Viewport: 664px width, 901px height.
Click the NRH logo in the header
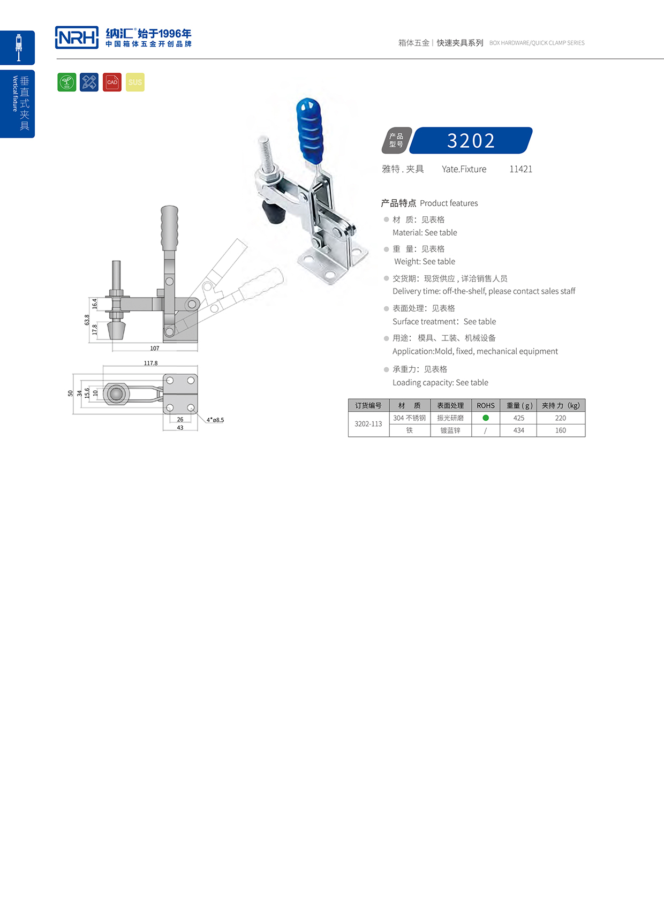[77, 37]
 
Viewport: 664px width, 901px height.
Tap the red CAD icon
[112, 82]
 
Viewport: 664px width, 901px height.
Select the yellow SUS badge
[135, 82]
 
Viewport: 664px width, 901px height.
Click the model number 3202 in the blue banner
[471, 141]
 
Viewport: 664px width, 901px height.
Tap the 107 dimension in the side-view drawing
[155, 349]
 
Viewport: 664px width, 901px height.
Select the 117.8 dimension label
[150, 363]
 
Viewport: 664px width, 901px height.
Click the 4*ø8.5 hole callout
[215, 420]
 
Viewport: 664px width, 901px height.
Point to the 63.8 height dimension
[87, 320]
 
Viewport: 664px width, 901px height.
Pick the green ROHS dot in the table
[486, 418]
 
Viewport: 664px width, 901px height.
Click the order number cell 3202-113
[368, 424]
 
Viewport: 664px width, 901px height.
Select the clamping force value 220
[561, 418]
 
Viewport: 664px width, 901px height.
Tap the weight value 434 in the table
[518, 430]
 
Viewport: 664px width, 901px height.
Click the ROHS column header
[486, 406]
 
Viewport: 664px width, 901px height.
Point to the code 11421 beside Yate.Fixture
[520, 169]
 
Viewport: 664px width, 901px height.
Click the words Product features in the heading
[449, 203]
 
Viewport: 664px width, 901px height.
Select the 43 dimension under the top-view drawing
[180, 428]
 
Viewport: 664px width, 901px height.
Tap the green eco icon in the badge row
[67, 82]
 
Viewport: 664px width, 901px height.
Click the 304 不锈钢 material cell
[410, 418]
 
